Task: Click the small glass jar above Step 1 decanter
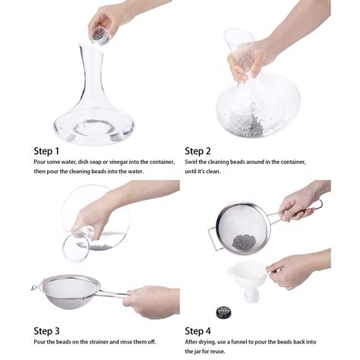pos(99,33)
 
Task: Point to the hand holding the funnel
pos(292,270)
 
